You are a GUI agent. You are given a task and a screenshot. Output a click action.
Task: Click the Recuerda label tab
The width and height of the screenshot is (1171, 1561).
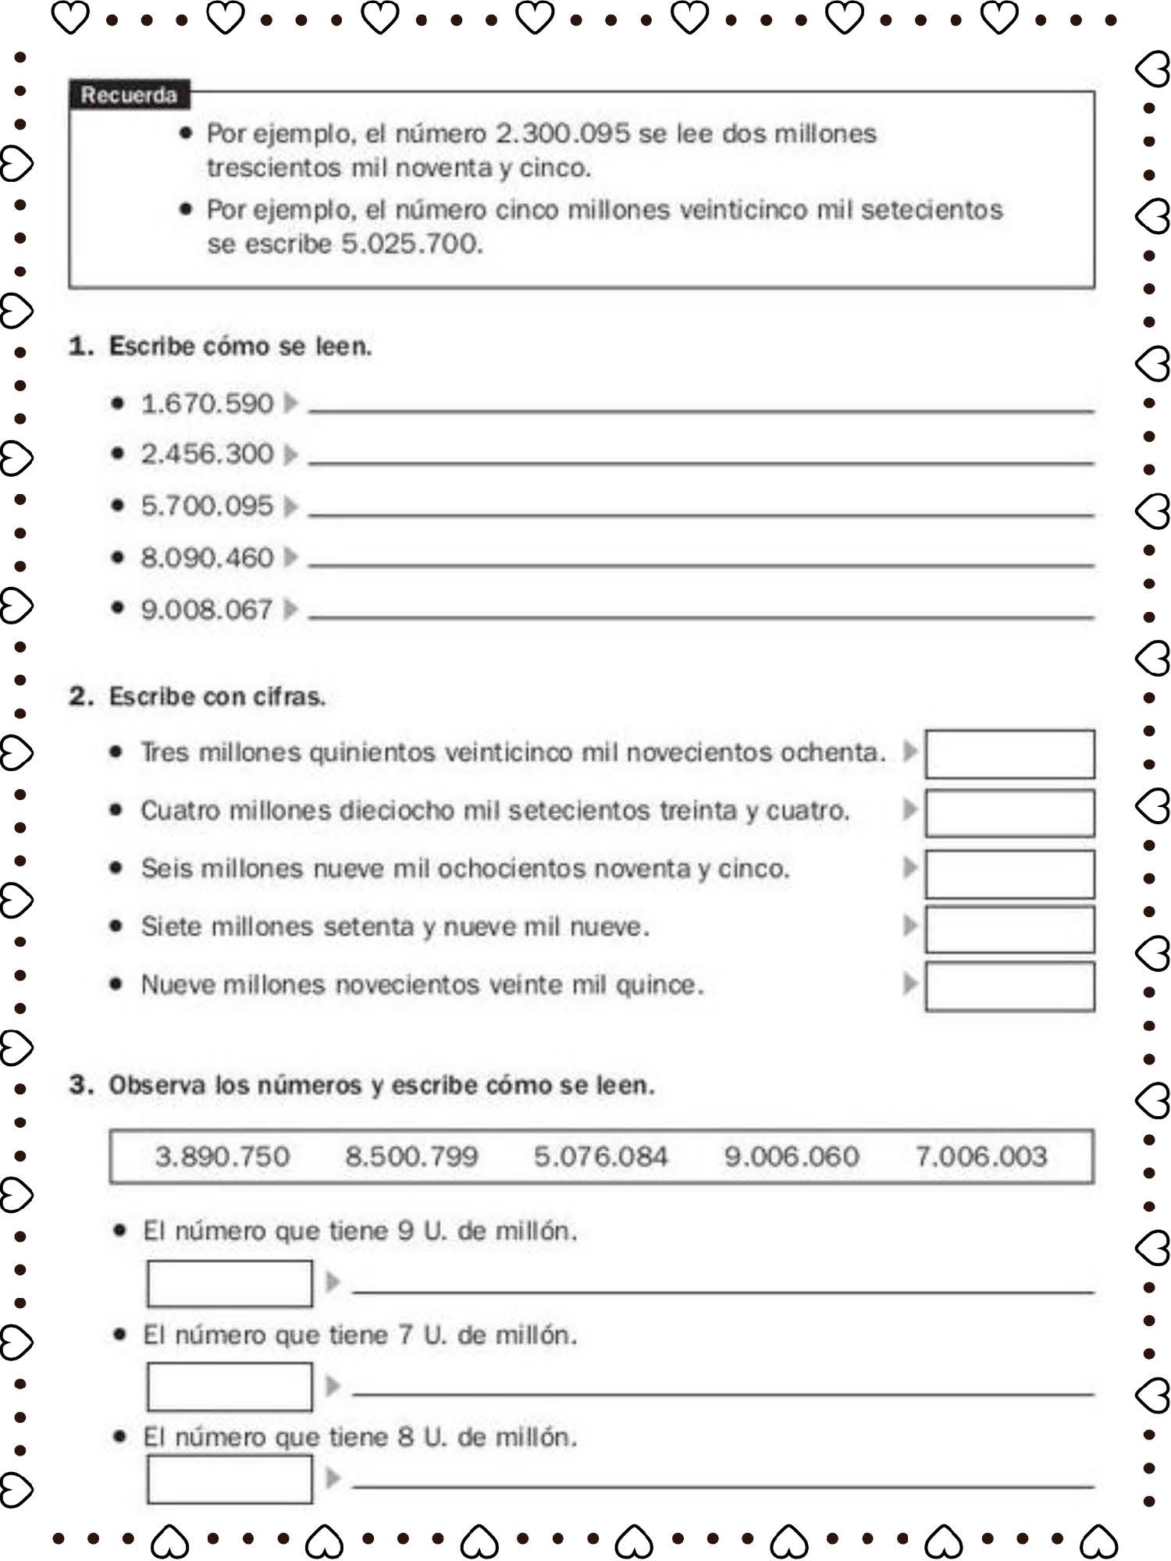pos(129,95)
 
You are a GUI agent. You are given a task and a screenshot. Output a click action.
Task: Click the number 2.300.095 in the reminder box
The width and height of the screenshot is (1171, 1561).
pos(562,133)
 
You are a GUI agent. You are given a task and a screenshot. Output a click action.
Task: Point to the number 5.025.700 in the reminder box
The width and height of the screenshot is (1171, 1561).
pos(411,244)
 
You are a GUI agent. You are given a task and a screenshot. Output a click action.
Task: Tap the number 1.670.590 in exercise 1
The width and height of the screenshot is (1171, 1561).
pos(207,404)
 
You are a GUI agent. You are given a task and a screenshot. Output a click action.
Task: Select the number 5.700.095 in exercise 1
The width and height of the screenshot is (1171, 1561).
pos(207,506)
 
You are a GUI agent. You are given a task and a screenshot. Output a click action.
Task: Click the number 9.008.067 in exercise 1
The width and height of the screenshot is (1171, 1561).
pos(207,609)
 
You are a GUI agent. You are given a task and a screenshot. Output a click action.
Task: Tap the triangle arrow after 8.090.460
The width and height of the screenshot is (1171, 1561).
pos(290,557)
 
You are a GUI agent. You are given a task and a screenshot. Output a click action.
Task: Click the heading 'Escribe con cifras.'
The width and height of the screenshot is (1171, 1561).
pos(216,696)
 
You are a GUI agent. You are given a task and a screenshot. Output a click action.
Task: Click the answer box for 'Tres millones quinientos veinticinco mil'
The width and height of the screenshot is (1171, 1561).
pos(1009,754)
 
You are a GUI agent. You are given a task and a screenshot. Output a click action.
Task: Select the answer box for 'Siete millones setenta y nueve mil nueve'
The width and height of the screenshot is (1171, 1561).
pos(1009,929)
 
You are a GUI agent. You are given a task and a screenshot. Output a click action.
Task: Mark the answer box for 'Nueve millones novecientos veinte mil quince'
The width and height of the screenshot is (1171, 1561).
pos(1009,987)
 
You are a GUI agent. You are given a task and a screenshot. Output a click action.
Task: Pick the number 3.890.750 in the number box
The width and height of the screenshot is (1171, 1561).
pos(222,1156)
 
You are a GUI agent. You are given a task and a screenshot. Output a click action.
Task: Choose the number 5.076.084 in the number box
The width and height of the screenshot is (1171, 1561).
pos(600,1156)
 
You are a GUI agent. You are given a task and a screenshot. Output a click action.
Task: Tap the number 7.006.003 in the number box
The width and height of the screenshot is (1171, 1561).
pos(981,1156)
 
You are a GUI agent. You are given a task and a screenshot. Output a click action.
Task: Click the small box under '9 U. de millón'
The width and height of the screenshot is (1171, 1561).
pos(230,1283)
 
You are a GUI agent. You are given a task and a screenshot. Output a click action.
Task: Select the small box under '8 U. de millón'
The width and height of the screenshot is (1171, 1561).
pos(230,1479)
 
